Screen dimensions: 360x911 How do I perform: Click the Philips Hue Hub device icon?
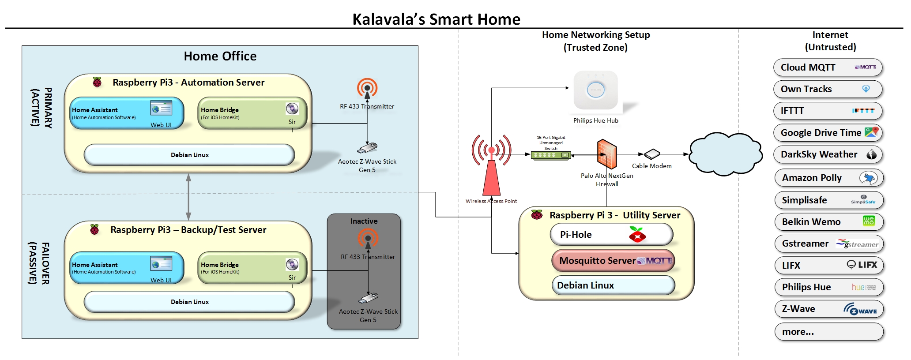coord(595,90)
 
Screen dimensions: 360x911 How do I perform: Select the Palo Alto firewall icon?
coord(607,154)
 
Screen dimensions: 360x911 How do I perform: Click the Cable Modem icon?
coord(652,154)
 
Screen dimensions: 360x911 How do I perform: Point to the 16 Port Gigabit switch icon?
coord(551,155)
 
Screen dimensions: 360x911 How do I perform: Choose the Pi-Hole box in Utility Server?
coord(611,234)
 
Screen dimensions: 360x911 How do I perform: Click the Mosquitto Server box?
coord(613,261)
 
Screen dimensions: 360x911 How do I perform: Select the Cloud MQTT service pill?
coord(828,67)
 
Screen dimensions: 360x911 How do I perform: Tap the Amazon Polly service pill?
coord(829,178)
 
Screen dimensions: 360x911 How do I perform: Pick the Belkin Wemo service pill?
coord(829,222)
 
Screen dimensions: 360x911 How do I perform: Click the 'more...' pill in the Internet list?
coord(829,332)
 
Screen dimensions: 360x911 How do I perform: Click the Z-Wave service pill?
coord(829,309)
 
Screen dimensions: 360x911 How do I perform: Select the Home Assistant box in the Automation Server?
coord(127,113)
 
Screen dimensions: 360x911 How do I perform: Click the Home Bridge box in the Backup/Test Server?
coord(252,268)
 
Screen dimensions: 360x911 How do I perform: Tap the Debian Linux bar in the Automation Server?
coord(189,155)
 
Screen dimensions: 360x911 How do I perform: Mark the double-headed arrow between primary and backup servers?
coord(188,197)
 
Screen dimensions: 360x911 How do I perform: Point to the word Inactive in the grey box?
coord(364,221)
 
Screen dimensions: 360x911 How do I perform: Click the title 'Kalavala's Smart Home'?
coord(436,19)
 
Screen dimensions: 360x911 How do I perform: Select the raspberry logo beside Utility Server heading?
coord(537,215)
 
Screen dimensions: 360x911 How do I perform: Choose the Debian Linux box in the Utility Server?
coord(613,285)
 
